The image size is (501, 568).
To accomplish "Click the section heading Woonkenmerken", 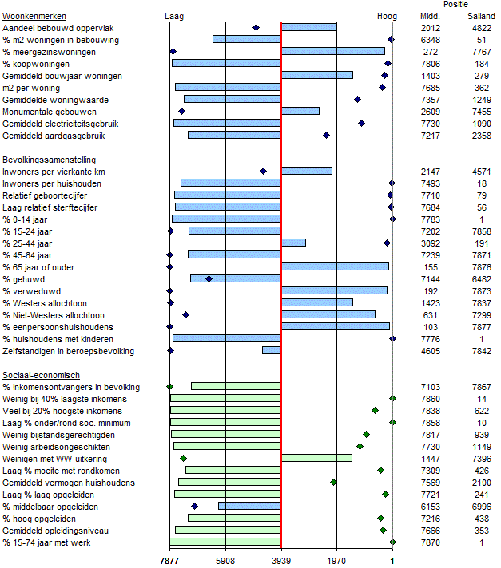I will pos(34,16).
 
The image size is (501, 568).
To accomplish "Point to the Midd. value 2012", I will pos(430,28).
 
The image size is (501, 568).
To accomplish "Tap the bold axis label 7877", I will pos(169,562).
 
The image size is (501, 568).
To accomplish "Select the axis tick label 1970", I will pos(336,562).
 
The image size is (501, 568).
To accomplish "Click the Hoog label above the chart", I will pos(387,16).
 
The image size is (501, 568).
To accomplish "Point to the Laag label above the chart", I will pos(174,16).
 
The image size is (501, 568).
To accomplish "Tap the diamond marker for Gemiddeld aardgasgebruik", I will pos(326,136).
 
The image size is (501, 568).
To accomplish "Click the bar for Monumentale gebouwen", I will pos(300,111).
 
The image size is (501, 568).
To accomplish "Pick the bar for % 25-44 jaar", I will pos(293,243).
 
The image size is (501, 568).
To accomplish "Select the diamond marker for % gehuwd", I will pos(209,278).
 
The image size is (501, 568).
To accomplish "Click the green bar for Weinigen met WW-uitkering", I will pos(316,458).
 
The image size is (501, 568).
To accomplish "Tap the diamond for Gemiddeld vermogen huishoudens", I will pos(334,482).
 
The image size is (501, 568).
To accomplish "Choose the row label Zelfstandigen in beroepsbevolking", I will pos(68,351).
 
